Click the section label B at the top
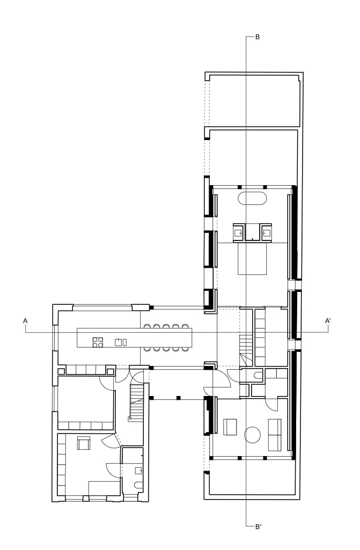(x=257, y=37)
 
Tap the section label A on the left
(x=25, y=320)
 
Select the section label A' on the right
(x=328, y=320)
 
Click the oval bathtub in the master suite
(x=252, y=198)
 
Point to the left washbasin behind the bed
(x=239, y=232)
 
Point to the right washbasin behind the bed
(x=266, y=232)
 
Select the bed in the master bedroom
(x=252, y=259)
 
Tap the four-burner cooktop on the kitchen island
(x=98, y=342)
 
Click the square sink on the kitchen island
(x=119, y=342)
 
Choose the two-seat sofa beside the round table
(x=275, y=435)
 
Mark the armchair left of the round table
(x=230, y=427)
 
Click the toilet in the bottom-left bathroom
(x=138, y=485)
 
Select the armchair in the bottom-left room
(x=84, y=443)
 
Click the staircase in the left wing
(x=136, y=402)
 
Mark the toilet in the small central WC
(x=258, y=376)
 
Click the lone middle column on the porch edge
(x=178, y=398)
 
